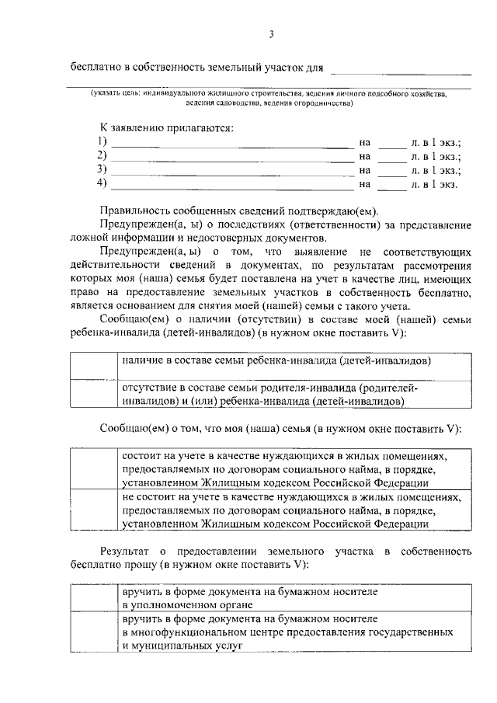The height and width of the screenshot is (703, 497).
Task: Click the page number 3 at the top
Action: (x=271, y=33)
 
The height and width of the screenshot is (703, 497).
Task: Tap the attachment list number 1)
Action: (x=101, y=142)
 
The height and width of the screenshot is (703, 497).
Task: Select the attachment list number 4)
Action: (x=101, y=184)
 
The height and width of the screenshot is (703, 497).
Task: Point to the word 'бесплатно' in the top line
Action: (x=96, y=68)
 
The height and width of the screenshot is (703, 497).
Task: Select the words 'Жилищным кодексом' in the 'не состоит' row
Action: (x=244, y=524)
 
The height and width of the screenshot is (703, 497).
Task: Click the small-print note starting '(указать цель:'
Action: (x=269, y=97)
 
